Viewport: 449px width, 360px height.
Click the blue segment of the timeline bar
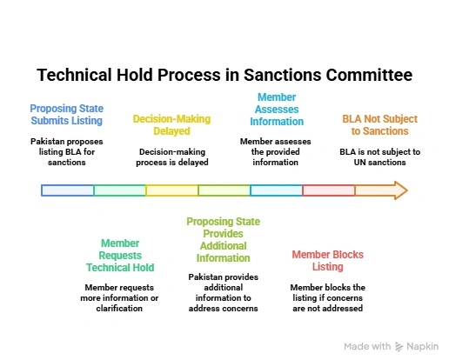(x=67, y=190)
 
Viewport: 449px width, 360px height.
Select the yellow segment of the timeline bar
(x=172, y=190)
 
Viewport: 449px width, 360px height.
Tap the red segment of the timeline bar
(x=328, y=190)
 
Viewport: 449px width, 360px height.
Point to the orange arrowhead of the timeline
(x=401, y=190)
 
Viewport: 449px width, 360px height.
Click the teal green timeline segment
(x=120, y=190)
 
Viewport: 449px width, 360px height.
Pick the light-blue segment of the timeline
(x=277, y=190)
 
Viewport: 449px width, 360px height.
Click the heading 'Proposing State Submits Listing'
(x=67, y=115)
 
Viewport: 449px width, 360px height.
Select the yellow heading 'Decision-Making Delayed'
(x=171, y=125)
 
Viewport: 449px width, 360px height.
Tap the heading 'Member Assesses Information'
(x=277, y=110)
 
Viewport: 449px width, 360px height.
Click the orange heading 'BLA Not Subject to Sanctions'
(x=379, y=125)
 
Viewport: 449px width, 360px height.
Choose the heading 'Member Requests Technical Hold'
(x=120, y=256)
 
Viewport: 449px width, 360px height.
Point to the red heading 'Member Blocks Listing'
(x=328, y=261)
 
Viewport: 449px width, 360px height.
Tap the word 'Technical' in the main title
(x=74, y=75)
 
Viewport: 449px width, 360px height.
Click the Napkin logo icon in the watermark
(x=399, y=347)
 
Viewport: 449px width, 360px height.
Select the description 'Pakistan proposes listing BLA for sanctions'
(x=67, y=152)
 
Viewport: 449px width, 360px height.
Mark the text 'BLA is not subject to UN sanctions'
(x=380, y=157)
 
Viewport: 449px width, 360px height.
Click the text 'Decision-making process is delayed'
(x=172, y=157)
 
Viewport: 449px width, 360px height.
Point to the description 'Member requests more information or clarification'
(x=119, y=298)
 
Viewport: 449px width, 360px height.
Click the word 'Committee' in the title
(x=369, y=75)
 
